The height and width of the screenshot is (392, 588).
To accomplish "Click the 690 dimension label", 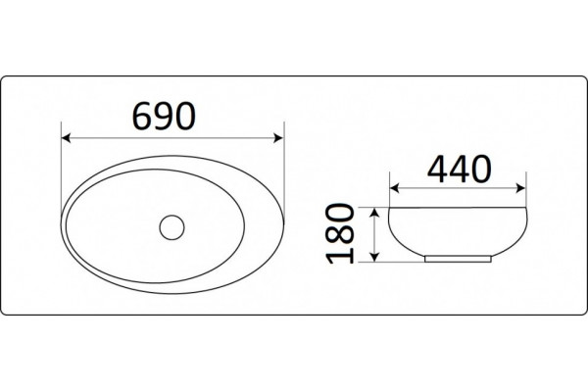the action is click(x=165, y=116).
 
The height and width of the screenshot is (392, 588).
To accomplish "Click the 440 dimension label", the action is click(x=459, y=169).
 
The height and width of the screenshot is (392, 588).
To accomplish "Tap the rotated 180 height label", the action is click(x=340, y=233).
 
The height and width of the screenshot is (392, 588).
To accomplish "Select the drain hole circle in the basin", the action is click(x=171, y=227).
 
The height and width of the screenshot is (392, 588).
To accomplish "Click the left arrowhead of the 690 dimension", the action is click(x=66, y=138).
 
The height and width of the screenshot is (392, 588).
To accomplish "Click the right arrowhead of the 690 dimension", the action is click(x=278, y=138).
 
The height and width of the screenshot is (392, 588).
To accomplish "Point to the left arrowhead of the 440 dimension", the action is click(x=394, y=188).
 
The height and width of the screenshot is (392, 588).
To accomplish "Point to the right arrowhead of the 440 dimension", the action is click(x=521, y=188).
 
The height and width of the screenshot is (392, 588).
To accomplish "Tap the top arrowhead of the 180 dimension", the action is click(x=374, y=213).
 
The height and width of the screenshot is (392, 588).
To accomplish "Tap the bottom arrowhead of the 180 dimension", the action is click(x=374, y=257).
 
